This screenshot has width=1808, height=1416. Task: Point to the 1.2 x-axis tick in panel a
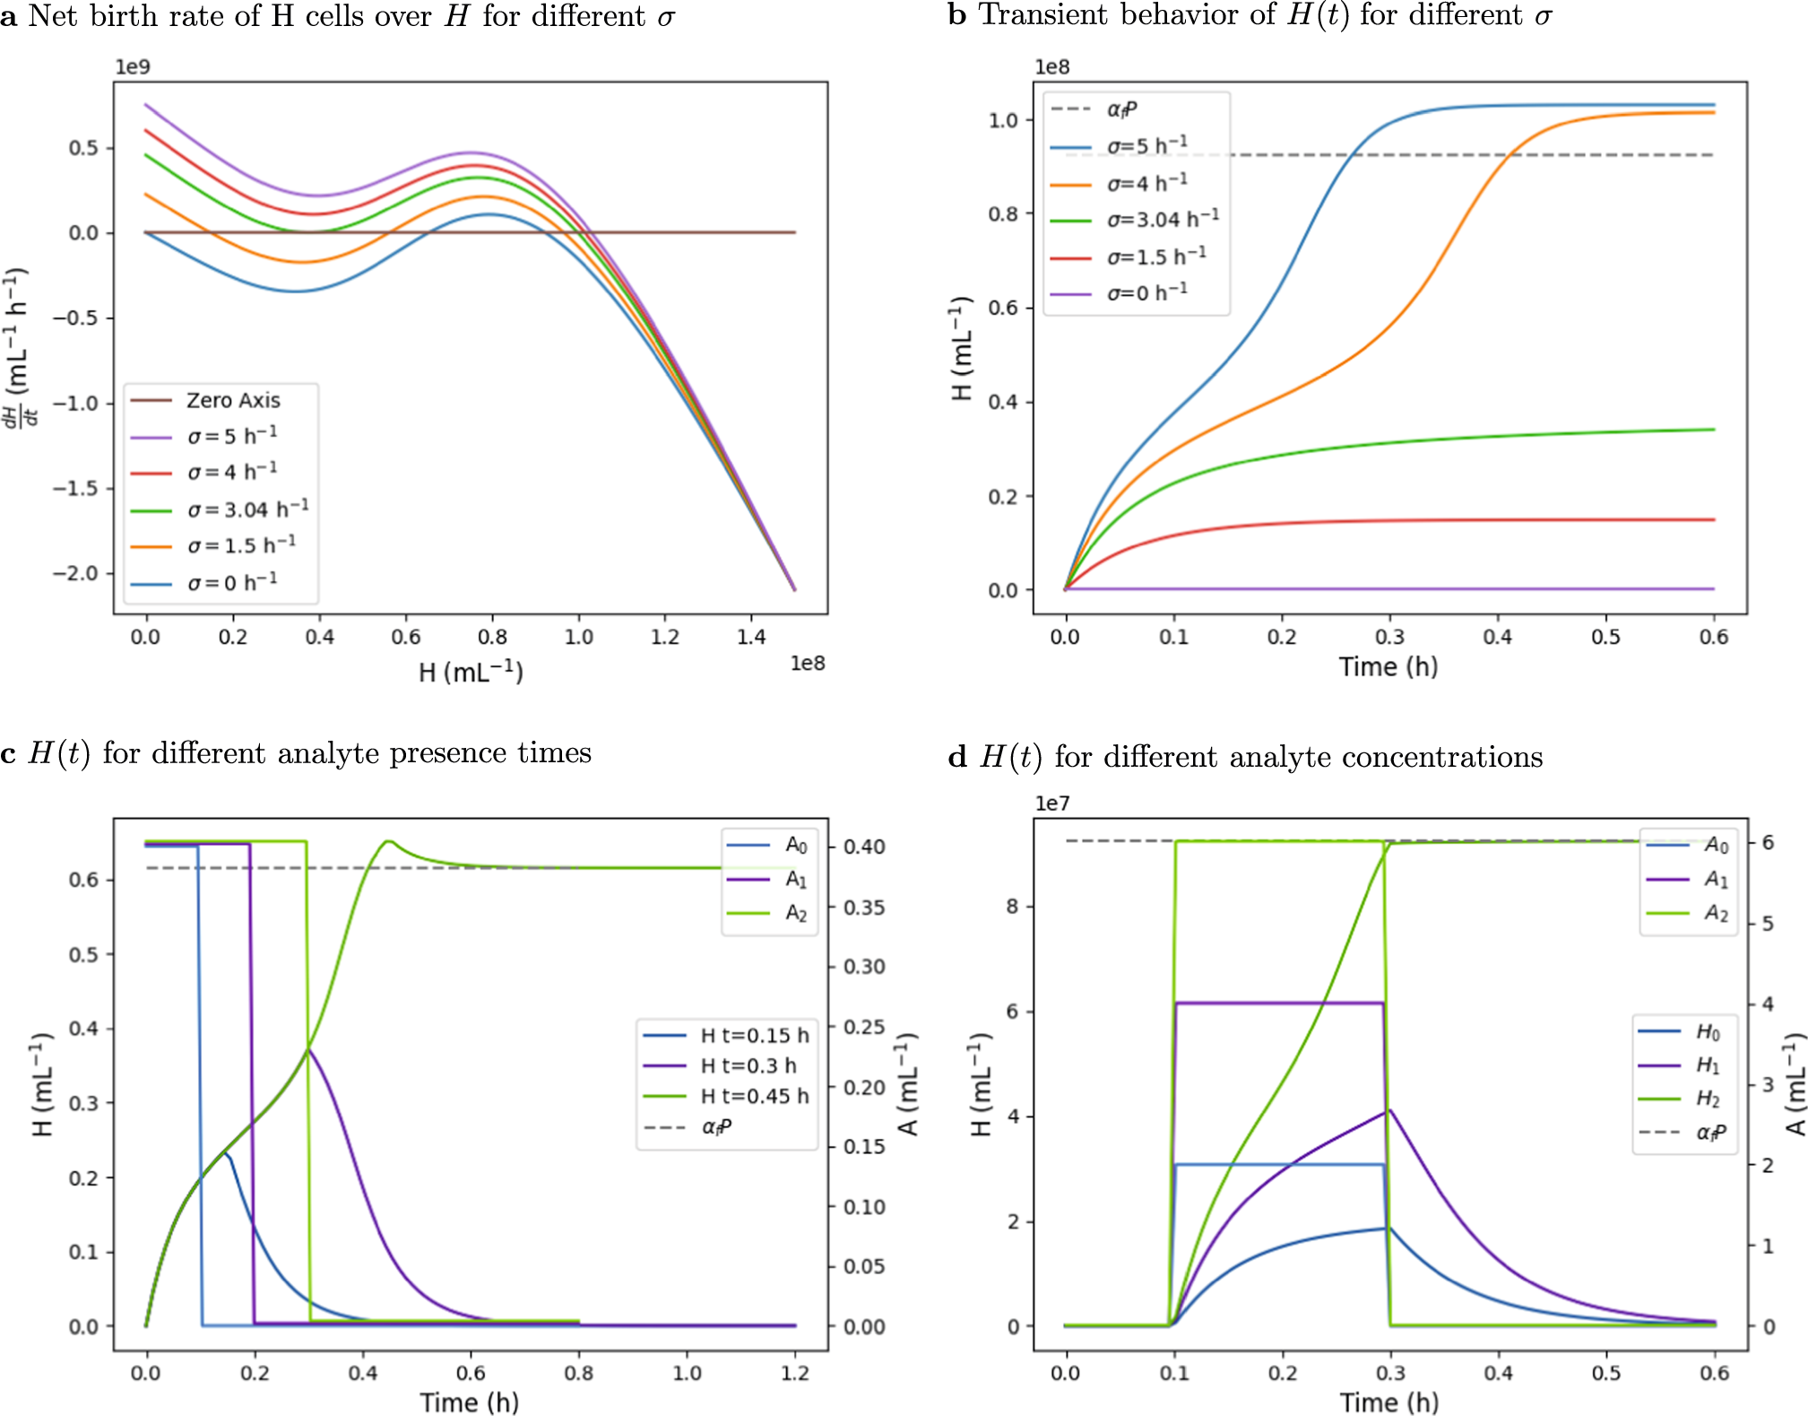pos(664,637)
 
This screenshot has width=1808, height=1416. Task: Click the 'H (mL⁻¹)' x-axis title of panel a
pos(471,672)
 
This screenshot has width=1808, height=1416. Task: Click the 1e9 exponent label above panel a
pos(133,67)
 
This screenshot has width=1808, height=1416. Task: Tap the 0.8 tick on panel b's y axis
pos(1003,213)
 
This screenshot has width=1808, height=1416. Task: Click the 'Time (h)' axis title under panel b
pos(1388,666)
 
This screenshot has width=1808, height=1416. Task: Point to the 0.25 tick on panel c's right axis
pos(864,1027)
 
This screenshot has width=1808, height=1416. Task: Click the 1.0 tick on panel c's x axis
pos(687,1373)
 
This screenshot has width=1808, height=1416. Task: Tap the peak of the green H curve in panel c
pos(387,841)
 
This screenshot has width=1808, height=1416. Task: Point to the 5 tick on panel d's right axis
pos(1768,923)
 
